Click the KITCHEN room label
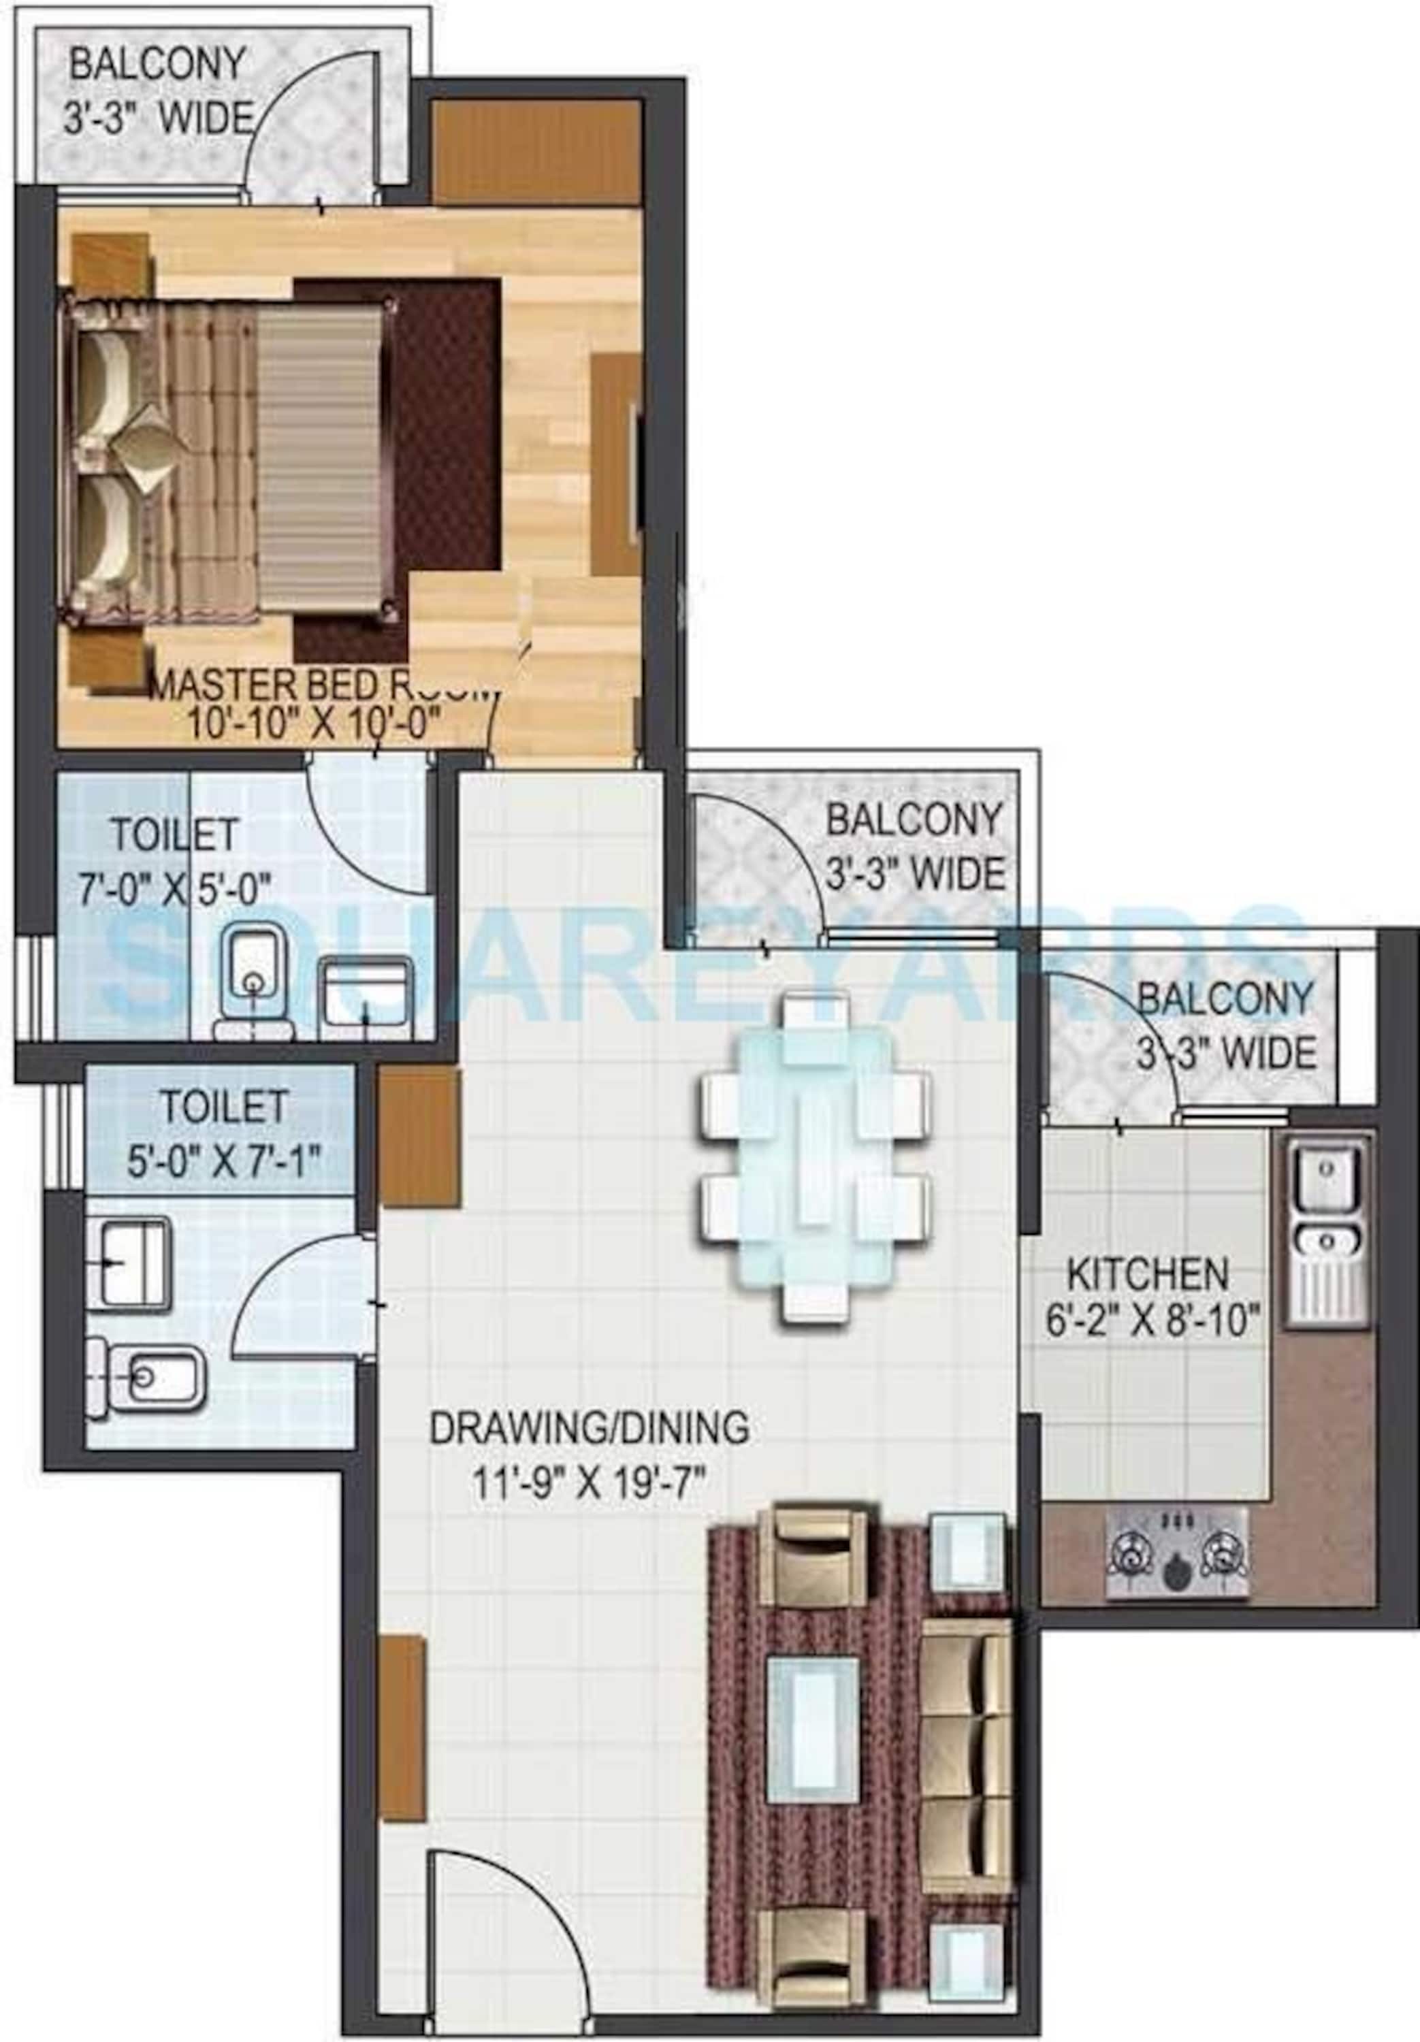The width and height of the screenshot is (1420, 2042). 1147,1276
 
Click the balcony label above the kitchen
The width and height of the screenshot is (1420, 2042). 1225,1026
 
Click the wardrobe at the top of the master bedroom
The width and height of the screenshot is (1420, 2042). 536,152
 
